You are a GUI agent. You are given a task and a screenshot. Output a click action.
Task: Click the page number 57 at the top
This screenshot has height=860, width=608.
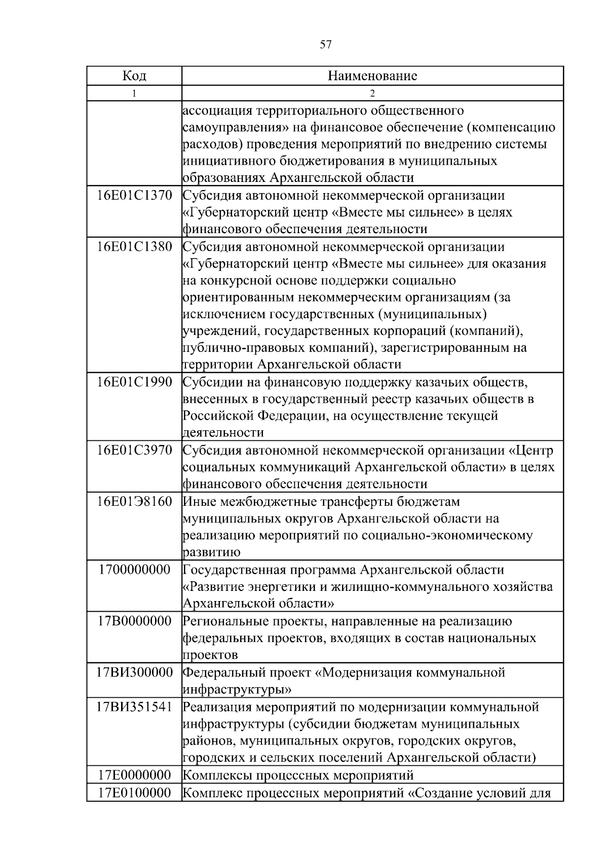pos(326,45)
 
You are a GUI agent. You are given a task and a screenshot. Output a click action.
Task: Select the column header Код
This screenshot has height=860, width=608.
pos(134,76)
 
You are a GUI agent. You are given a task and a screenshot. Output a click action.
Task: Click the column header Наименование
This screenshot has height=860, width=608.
pos(372,76)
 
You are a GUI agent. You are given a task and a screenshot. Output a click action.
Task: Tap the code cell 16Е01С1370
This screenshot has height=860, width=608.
pos(134,195)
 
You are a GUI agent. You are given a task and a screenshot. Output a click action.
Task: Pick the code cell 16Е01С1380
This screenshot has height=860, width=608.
pos(134,247)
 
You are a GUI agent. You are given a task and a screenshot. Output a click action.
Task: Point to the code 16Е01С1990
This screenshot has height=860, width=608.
pos(134,382)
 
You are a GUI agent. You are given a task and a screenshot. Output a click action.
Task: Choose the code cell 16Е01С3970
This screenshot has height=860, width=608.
pos(134,450)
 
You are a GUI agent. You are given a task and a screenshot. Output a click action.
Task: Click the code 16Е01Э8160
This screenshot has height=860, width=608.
pos(134,502)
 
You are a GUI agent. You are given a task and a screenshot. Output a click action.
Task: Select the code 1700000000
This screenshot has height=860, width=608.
pos(134,570)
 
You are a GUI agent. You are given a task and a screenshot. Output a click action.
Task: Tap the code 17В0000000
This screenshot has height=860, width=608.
pos(134,621)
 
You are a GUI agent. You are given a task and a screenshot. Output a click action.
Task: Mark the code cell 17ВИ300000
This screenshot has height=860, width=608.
pos(134,672)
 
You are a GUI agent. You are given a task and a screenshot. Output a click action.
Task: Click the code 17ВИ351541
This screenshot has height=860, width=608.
pos(134,707)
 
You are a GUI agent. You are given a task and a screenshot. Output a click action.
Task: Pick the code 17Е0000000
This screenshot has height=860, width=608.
pos(134,775)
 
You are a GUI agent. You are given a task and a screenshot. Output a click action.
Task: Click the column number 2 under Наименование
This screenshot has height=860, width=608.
pos(372,93)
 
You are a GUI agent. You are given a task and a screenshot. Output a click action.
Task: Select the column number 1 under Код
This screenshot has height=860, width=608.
pos(134,93)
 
